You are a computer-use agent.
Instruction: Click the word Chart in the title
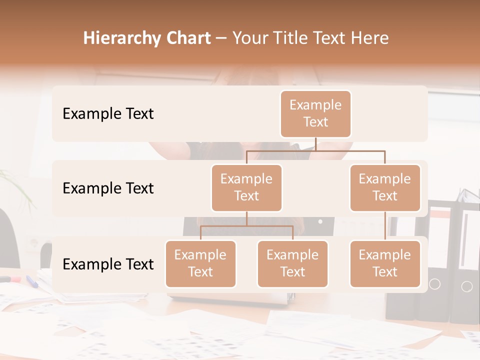188,38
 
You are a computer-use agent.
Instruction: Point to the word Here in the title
369,38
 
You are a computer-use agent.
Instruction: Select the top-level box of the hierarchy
315,113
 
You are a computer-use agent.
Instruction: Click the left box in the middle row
246,187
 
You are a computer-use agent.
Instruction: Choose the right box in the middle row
385,187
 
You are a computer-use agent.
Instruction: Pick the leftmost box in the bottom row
200,263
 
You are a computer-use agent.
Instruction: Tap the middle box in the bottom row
292,263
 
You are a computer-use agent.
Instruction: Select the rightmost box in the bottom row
385,263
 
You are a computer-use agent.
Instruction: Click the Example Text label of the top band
108,113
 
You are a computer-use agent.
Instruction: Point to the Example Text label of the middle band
108,188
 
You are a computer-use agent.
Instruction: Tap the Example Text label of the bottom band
108,264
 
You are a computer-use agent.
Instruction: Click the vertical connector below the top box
315,144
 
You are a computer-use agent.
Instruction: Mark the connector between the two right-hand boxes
385,226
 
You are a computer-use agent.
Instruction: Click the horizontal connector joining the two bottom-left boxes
246,226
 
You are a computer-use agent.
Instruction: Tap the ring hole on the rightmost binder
466,286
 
